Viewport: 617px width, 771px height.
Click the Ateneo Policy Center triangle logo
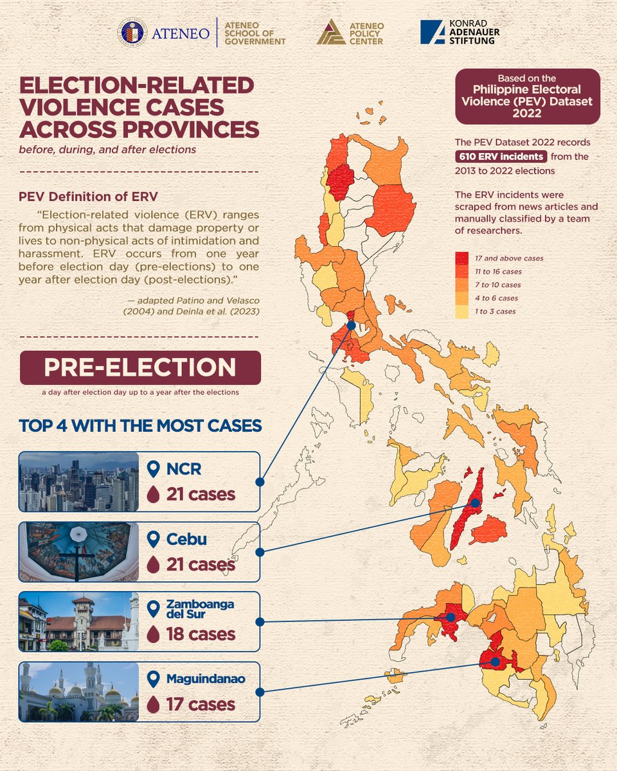tap(331, 32)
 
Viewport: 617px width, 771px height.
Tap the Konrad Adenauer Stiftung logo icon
tap(432, 32)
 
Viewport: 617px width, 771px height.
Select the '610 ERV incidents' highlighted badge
tap(501, 157)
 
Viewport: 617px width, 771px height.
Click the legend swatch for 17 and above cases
tap(461, 258)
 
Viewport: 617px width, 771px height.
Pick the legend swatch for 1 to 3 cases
tap(461, 312)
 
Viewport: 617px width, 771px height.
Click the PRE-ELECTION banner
tap(140, 368)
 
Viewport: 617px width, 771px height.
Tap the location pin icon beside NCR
tap(153, 469)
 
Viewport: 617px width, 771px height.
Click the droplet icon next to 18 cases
tap(153, 634)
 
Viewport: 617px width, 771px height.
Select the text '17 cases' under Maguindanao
tap(201, 705)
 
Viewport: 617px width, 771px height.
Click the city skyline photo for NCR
tap(78, 482)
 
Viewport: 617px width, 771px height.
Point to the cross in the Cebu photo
tap(76, 558)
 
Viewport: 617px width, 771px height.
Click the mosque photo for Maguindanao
tap(78, 692)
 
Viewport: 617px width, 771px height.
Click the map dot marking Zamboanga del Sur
tap(451, 617)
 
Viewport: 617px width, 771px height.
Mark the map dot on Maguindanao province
tap(495, 660)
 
